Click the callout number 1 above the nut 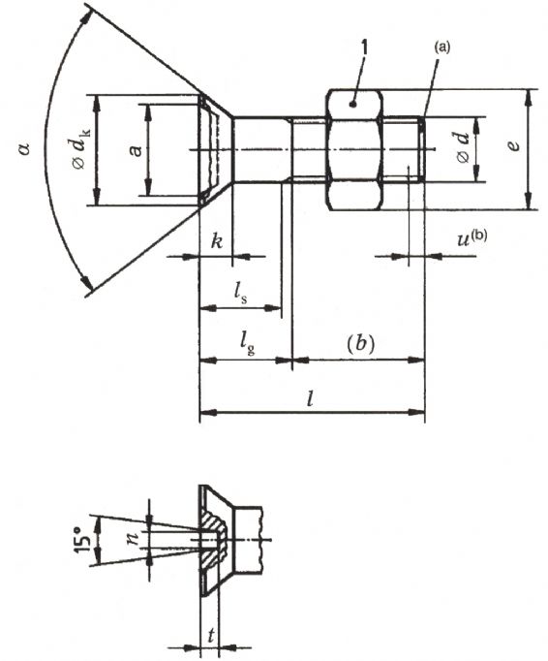tap(364, 47)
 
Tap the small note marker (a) tap(441, 47)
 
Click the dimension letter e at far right tap(513, 145)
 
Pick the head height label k tap(217, 242)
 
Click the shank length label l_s tap(240, 293)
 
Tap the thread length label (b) tap(360, 344)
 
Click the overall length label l tap(311, 398)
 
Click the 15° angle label tap(83, 539)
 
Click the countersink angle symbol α tap(25, 148)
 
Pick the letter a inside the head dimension tap(136, 150)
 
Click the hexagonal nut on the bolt tap(353, 149)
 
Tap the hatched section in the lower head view tap(214, 540)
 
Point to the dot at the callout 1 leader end tap(354, 104)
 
